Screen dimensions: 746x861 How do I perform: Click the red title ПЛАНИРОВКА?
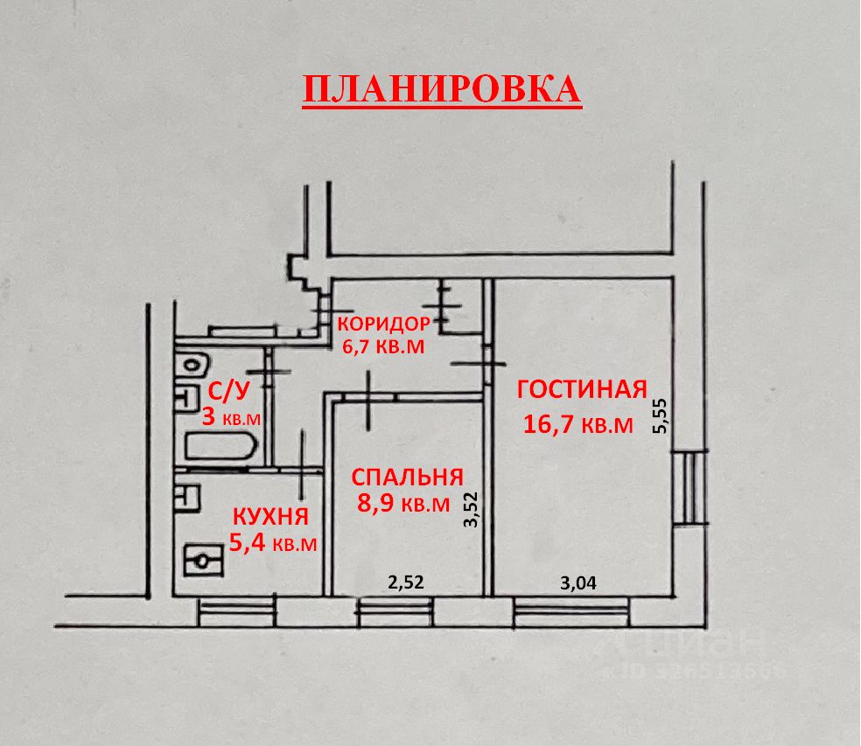[442, 89]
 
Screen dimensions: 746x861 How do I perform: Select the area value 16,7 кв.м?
[577, 425]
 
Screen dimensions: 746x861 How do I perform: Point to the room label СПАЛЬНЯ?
[406, 477]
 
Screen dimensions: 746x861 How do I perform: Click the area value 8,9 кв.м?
[402, 504]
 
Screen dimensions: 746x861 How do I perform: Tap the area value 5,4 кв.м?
[272, 543]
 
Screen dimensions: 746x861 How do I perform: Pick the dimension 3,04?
[577, 583]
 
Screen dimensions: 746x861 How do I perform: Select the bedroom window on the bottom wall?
[395, 610]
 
